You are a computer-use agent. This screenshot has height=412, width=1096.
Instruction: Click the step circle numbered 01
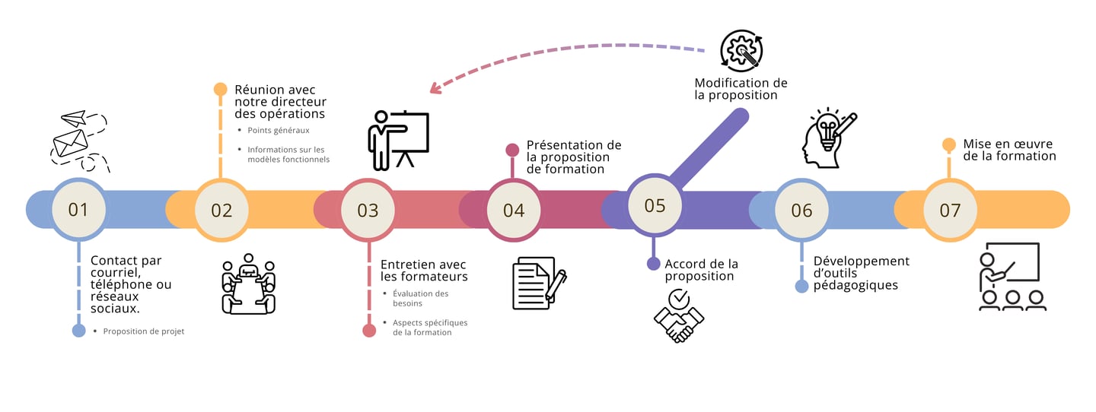(78, 209)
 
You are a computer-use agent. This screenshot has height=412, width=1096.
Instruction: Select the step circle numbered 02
(221, 209)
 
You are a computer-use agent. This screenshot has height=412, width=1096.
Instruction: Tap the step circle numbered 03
(368, 210)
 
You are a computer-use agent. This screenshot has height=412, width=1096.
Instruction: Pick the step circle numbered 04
(514, 210)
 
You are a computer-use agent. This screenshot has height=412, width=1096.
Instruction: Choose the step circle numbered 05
(655, 205)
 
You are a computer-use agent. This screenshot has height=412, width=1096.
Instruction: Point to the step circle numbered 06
(801, 210)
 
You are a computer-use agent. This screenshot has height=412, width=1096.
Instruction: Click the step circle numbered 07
(950, 210)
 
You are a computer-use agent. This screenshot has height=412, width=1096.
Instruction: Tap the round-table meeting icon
(248, 284)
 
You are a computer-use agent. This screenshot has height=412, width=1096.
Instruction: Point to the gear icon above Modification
(741, 52)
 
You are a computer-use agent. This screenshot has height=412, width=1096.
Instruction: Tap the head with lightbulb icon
(829, 137)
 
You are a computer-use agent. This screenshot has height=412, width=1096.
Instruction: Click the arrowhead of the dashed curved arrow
(435, 89)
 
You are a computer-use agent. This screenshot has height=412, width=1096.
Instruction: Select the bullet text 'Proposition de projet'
(144, 331)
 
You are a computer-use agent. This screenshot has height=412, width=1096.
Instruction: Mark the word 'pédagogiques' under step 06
(855, 286)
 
